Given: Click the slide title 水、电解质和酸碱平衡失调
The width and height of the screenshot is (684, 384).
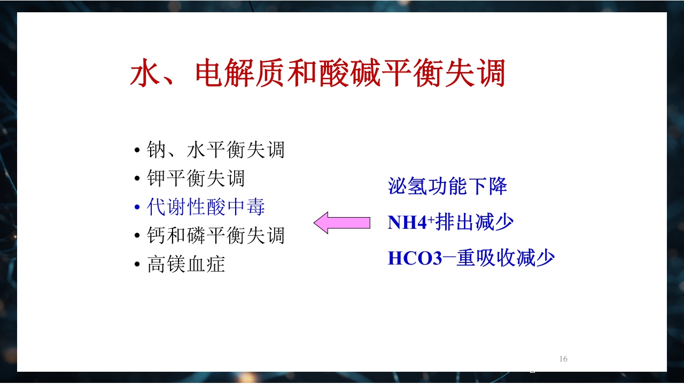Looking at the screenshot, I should pyautogui.click(x=317, y=73).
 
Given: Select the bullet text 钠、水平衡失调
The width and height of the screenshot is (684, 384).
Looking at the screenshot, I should pyautogui.click(x=215, y=150).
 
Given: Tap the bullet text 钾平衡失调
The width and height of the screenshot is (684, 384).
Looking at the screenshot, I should pyautogui.click(x=196, y=179).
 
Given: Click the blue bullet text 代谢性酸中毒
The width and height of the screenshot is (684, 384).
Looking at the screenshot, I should pyautogui.click(x=206, y=207).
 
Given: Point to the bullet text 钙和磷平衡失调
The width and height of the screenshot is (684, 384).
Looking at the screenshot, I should pyautogui.click(x=215, y=235).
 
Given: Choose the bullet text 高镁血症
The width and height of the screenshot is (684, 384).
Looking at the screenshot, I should pyautogui.click(x=186, y=264).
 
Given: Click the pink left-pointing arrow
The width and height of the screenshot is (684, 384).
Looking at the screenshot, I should pyautogui.click(x=341, y=222).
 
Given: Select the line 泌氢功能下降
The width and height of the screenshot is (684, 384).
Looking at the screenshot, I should pyautogui.click(x=447, y=187).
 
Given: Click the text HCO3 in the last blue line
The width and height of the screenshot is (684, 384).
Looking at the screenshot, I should pyautogui.click(x=415, y=259).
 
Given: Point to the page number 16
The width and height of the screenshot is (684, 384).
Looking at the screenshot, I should pyautogui.click(x=563, y=359).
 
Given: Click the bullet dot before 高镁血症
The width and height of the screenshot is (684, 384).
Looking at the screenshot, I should pyautogui.click(x=137, y=265).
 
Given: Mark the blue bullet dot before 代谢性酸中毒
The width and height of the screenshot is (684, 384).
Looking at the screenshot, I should pyautogui.click(x=137, y=208).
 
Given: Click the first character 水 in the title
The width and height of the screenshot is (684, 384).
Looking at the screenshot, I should pyautogui.click(x=145, y=73).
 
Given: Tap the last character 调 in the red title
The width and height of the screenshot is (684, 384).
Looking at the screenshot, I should pyautogui.click(x=490, y=73).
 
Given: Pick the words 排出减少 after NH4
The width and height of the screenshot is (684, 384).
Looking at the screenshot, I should pyautogui.click(x=475, y=222).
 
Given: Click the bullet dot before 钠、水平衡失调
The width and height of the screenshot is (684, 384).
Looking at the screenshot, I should pyautogui.click(x=137, y=151).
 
